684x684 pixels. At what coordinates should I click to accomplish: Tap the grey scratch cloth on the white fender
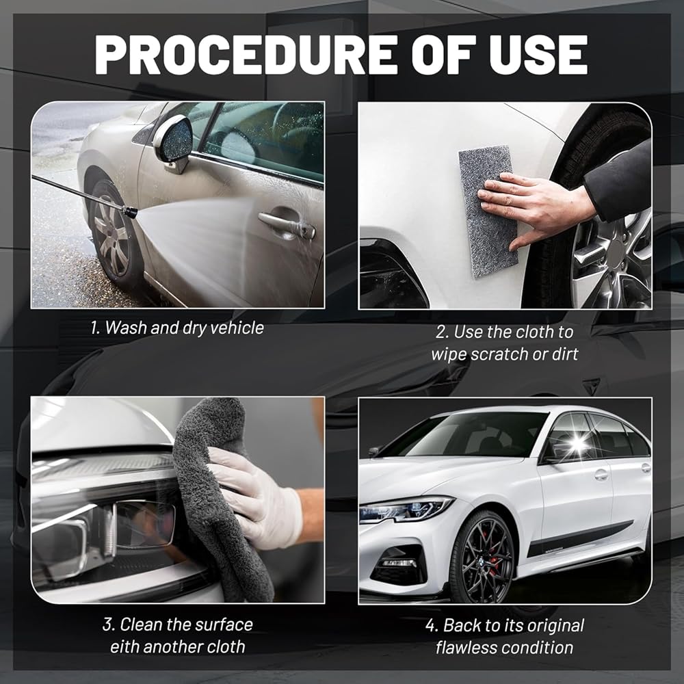coord(488,211)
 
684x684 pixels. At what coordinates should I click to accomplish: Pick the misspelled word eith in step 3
coord(124,646)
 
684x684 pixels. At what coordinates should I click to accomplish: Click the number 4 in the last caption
coord(430,626)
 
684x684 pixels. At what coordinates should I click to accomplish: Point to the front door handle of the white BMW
coord(601,474)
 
